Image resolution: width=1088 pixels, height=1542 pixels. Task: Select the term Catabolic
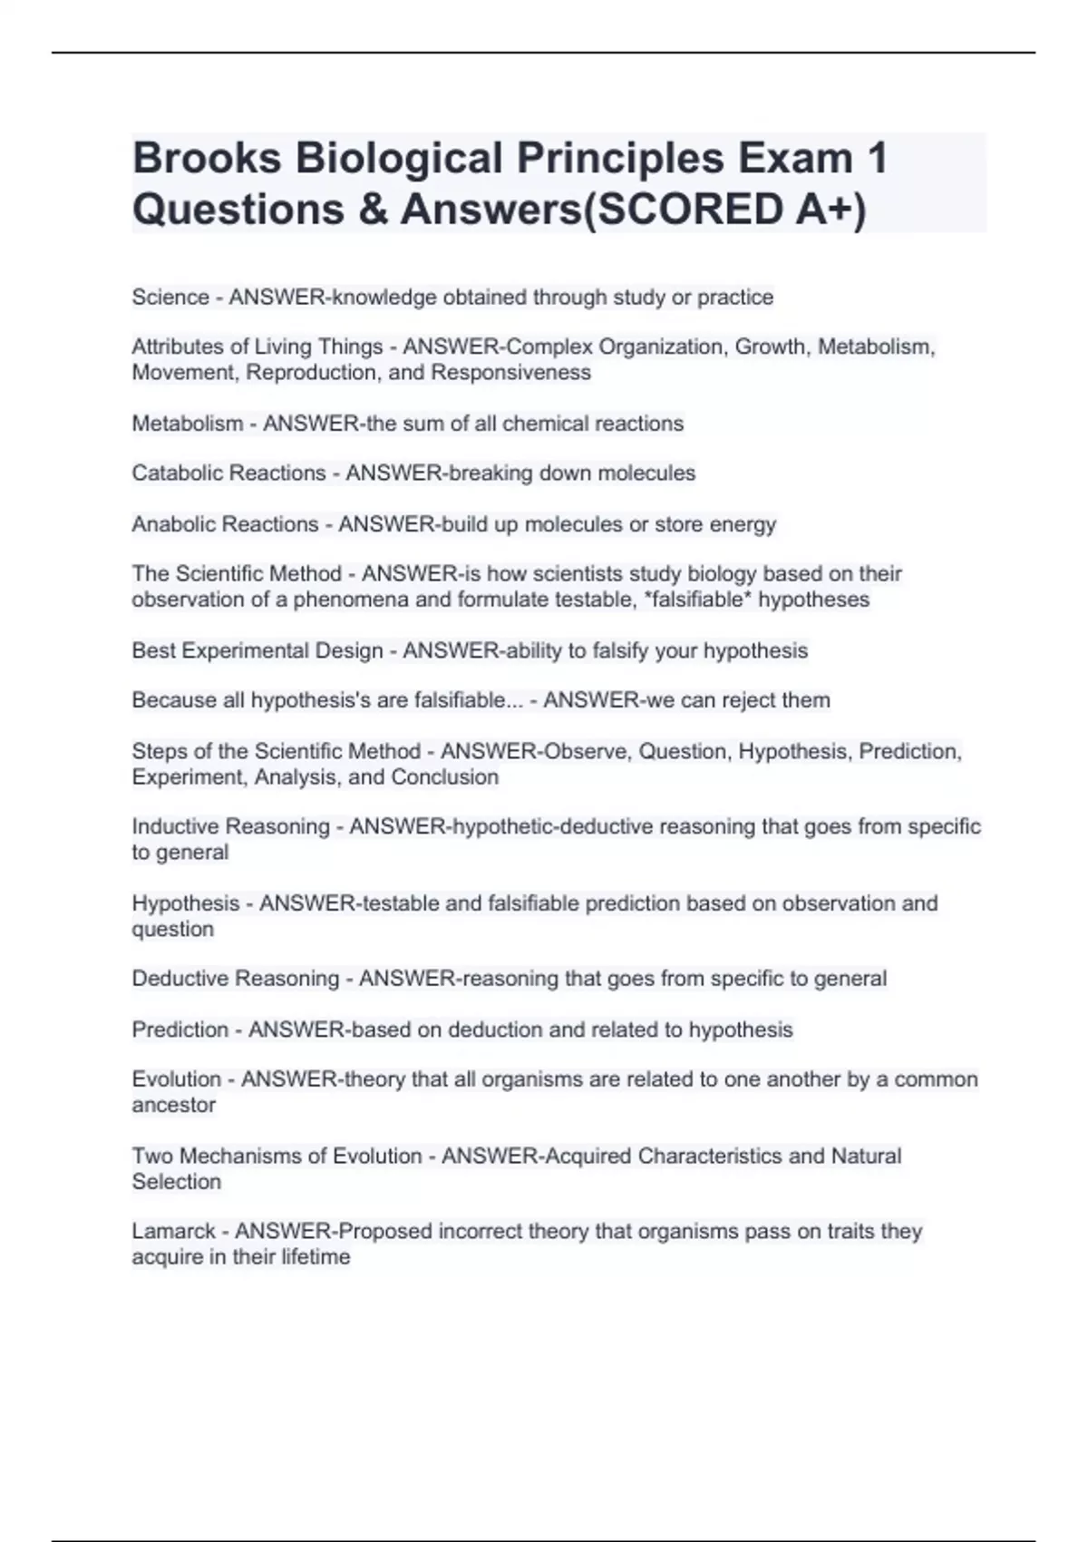point(180,473)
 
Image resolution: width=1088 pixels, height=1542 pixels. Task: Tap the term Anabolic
point(177,524)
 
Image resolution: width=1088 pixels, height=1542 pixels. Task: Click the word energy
point(743,524)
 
